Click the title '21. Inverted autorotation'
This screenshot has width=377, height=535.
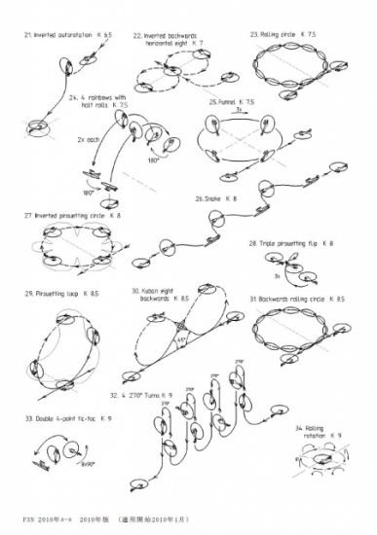click(x=62, y=34)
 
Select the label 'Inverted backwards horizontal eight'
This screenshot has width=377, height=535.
click(x=168, y=39)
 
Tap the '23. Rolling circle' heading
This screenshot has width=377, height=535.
click(x=283, y=34)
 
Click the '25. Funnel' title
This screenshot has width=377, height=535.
click(x=232, y=101)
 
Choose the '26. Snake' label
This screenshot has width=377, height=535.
click(x=215, y=198)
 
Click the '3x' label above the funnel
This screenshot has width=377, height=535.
click(x=238, y=111)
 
